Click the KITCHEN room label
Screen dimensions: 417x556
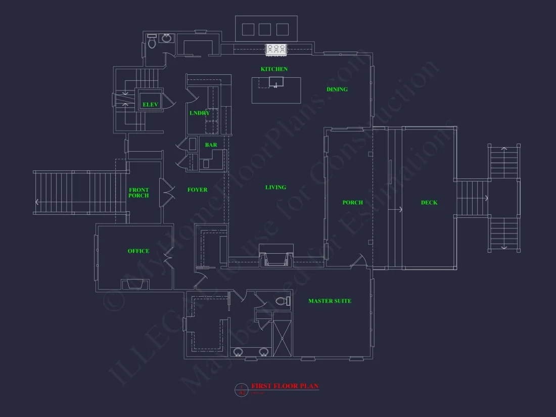click(x=274, y=69)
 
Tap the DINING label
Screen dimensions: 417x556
click(x=337, y=89)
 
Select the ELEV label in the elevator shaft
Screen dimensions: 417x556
click(x=150, y=105)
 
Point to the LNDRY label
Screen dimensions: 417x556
click(x=200, y=113)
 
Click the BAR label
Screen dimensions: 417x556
click(x=211, y=145)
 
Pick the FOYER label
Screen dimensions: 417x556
click(x=197, y=190)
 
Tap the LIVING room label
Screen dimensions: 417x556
click(x=275, y=188)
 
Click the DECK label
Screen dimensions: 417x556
click(x=429, y=203)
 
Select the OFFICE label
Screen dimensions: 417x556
click(x=138, y=251)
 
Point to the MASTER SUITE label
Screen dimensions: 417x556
click(x=330, y=301)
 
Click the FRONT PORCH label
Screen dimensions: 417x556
click(x=138, y=193)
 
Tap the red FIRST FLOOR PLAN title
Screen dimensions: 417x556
click(x=285, y=386)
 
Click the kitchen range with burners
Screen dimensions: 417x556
click(x=276, y=49)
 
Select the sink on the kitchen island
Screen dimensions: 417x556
click(x=276, y=81)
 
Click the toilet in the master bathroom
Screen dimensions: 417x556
click(x=284, y=301)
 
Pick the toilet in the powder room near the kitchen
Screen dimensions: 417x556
click(x=152, y=42)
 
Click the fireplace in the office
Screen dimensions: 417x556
click(x=135, y=284)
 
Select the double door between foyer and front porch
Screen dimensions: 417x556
click(x=165, y=192)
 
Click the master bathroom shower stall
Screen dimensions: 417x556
click(x=282, y=335)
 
